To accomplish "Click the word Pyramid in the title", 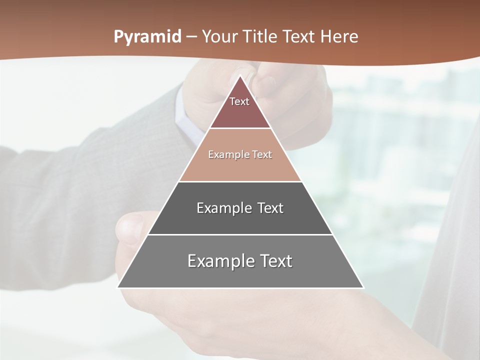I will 147,37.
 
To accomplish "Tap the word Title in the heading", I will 262,37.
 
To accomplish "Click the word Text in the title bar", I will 299,37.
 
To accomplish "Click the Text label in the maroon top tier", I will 239,102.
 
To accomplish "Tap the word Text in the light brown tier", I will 262,155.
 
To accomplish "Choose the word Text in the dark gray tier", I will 270,208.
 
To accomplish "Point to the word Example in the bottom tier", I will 218,261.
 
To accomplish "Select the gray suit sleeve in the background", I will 75,190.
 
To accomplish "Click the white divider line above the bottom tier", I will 240,234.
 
